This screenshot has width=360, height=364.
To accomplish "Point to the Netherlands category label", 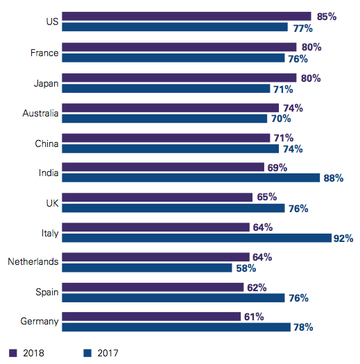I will (x=33, y=261).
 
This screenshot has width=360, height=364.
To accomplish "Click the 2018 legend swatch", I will (x=12, y=352).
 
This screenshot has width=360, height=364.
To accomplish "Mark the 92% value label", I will (x=343, y=239).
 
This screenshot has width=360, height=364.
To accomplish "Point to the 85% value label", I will (x=325, y=16).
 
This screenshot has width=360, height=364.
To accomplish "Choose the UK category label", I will (x=51, y=202).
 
